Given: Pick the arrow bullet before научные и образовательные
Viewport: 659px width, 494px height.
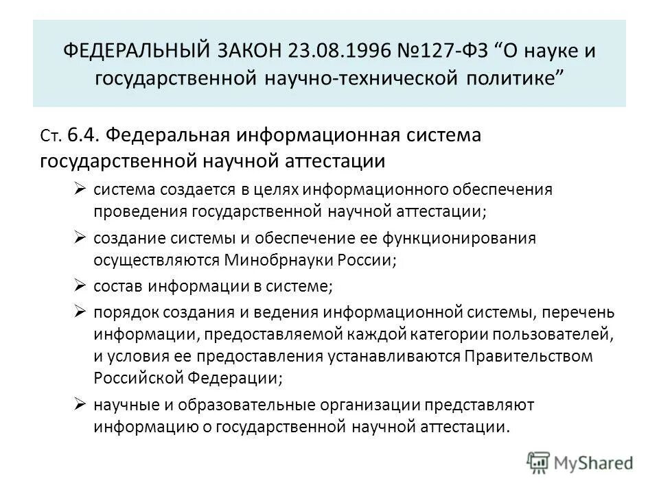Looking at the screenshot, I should [80, 404].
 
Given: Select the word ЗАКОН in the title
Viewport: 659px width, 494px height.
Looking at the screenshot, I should [253, 53].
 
